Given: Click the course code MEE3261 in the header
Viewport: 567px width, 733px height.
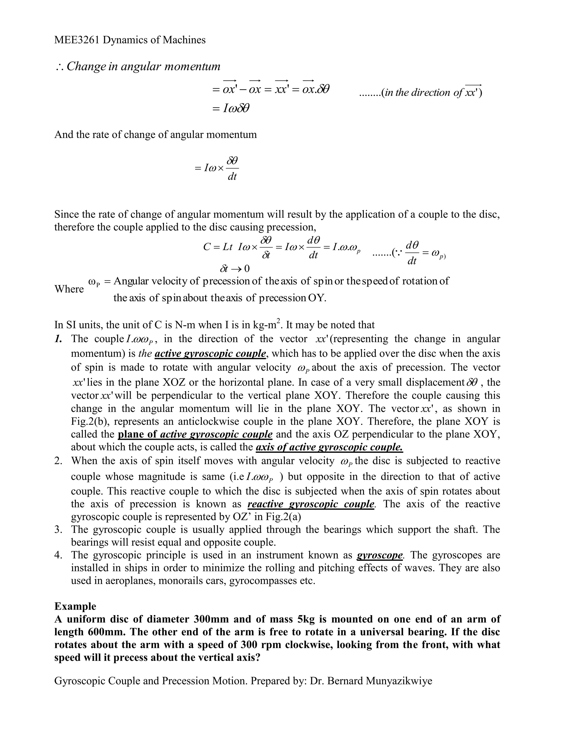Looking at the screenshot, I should tap(77, 40).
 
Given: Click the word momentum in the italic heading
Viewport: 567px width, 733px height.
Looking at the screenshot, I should tap(192, 66).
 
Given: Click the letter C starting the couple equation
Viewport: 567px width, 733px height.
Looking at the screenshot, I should tap(207, 247).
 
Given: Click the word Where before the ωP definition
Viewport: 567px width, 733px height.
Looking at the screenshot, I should tap(69, 289).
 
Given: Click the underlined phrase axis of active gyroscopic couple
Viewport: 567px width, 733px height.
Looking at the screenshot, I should tap(329, 447).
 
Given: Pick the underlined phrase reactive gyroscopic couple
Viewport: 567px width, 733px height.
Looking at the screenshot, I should tap(311, 504).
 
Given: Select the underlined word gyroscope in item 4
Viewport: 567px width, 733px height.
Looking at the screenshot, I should tap(379, 555).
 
